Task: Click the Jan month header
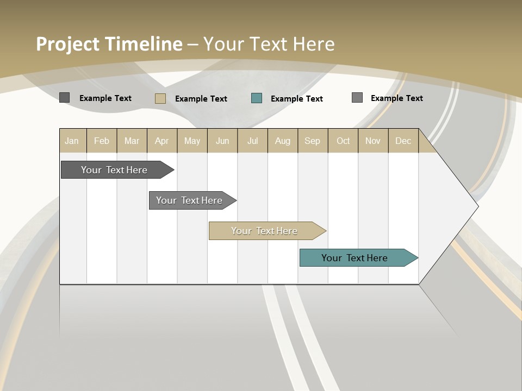72,141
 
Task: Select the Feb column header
102,141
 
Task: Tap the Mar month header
132,141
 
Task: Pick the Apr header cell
162,141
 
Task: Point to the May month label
192,141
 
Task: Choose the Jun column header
222,141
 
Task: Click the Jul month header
252,141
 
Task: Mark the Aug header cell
283,141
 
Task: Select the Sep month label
313,141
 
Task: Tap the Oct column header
343,141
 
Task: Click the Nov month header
373,141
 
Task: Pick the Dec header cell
403,141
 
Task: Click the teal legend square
257,98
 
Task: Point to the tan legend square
160,98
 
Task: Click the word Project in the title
68,44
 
